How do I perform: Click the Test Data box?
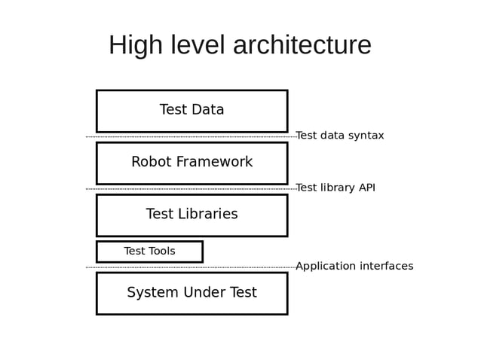[x=191, y=111]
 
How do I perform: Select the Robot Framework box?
[x=191, y=163]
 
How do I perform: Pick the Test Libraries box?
[x=191, y=215]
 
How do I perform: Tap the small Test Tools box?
[x=149, y=252]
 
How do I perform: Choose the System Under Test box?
[x=191, y=293]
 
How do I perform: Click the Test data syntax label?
[x=339, y=136]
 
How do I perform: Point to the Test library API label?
[x=335, y=188]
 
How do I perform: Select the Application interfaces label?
[x=354, y=266]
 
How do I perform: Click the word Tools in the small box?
[x=161, y=252]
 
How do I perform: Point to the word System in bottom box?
[x=152, y=293]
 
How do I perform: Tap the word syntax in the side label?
[x=364, y=136]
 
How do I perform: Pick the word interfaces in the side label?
[x=384, y=266]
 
